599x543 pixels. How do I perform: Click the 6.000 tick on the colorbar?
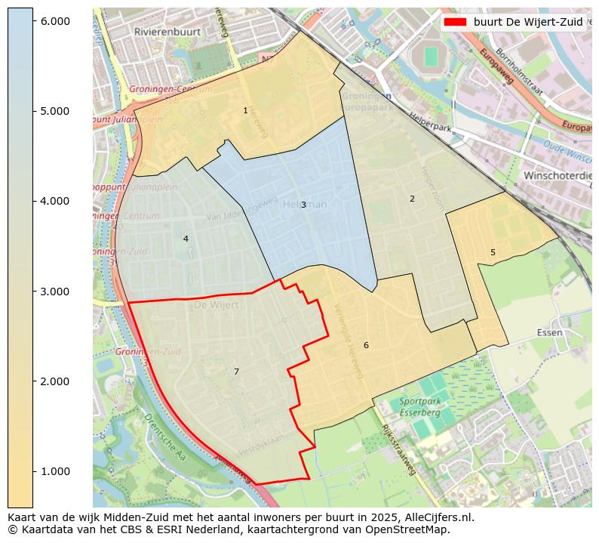pos(55,21)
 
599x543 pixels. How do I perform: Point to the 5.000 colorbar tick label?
pos(55,111)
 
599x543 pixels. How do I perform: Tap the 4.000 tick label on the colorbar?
pos(55,201)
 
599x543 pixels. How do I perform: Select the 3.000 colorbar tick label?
pos(55,292)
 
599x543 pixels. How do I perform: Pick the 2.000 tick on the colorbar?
pos(55,381)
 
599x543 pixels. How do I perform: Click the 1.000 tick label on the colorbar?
pos(55,471)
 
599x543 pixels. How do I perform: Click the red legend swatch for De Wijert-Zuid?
pos(455,22)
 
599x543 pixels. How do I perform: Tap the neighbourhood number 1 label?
pos(245,110)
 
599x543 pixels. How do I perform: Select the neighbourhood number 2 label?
pos(412,199)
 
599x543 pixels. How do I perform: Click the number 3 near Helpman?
pos(303,205)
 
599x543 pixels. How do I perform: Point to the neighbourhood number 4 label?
pos(186,239)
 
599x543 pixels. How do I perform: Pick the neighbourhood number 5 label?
pos(493,252)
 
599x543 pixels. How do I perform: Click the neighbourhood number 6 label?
pos(366,345)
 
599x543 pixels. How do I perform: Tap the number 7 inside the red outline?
pos(236,372)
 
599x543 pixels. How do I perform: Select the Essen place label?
pos(550,332)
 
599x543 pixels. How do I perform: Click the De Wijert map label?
pos(216,305)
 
